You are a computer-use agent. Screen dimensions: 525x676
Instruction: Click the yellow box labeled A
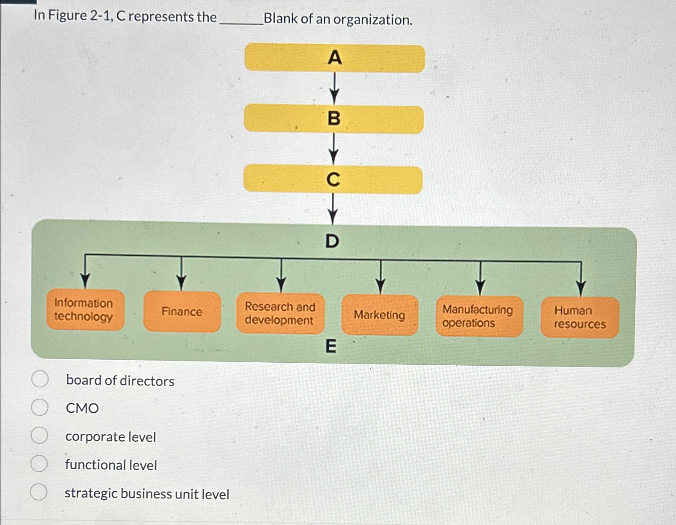334,58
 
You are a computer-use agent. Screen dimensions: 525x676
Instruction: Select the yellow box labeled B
334,119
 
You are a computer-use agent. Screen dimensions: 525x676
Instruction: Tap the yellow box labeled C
333,180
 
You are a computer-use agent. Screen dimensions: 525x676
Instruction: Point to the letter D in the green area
332,242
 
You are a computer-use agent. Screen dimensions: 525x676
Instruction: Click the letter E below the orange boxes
331,346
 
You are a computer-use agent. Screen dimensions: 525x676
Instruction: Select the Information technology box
85,310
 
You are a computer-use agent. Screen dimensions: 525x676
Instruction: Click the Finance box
182,312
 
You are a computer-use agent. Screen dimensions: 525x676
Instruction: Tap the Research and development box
280,313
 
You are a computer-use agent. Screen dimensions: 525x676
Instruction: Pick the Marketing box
379,315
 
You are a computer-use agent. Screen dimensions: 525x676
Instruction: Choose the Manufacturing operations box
479,316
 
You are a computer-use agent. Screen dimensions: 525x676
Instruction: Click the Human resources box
580,317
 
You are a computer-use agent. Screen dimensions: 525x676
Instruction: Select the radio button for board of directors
40,379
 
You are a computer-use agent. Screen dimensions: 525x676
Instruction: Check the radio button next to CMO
39,407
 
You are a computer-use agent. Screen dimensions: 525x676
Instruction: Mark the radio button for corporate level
39,435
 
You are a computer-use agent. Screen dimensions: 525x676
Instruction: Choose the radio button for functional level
39,463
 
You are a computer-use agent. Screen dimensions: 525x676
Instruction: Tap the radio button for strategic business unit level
39,492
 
